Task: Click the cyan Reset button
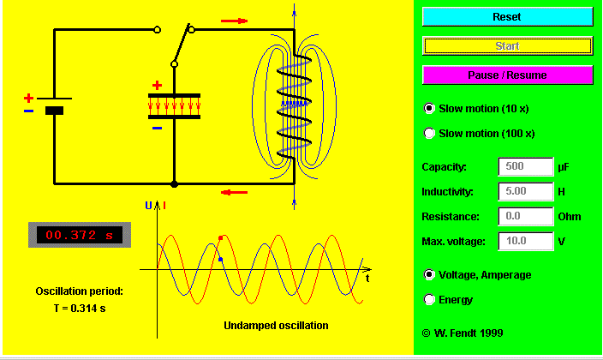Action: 507,16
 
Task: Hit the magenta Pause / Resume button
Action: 507,75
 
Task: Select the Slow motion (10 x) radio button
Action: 429,109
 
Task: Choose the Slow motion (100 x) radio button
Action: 429,133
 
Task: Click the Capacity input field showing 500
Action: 526,167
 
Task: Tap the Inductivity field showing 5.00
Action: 526,191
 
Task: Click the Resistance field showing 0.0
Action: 526,216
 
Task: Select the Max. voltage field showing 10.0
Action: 526,241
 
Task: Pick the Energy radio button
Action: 429,299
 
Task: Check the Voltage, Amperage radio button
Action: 429,274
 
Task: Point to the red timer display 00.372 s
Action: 80,235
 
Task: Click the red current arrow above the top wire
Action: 234,21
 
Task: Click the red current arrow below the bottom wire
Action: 234,192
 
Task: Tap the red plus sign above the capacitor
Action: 157,85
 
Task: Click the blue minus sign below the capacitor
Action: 157,129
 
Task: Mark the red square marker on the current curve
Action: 220,238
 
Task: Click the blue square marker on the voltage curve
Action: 220,260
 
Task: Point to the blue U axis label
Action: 148,206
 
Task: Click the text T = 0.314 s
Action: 80,309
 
